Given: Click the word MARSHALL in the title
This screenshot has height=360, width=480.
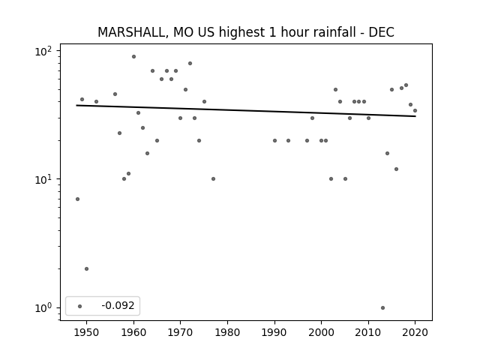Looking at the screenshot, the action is (x=133, y=32).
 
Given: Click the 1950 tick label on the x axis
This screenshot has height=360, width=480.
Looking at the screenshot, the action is (x=87, y=332).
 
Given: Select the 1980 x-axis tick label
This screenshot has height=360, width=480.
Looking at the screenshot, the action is (x=227, y=332).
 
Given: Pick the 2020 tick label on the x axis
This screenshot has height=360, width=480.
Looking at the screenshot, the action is (x=415, y=332).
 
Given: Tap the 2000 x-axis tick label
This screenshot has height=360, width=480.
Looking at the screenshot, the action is (x=321, y=332).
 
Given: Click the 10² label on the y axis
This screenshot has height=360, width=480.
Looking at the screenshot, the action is (x=43, y=51).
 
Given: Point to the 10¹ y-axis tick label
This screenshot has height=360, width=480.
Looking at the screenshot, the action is (x=43, y=179).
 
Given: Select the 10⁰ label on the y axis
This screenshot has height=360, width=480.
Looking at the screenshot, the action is (x=43, y=308).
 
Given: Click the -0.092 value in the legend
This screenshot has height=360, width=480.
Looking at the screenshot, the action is (x=118, y=305).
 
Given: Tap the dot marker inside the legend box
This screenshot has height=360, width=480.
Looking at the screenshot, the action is (x=79, y=306).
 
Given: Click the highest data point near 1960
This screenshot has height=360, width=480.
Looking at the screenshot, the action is (x=133, y=57).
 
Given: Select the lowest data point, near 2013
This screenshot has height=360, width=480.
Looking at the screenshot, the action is (x=382, y=307).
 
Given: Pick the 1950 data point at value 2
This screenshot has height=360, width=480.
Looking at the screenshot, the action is (x=87, y=268).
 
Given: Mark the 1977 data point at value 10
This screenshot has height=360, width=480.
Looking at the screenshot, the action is (x=213, y=178).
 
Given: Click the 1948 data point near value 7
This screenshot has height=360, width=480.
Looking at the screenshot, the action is (x=77, y=199).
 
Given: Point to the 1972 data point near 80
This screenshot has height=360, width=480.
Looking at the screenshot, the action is (x=190, y=63).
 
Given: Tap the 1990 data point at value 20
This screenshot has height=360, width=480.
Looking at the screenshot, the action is (x=274, y=140).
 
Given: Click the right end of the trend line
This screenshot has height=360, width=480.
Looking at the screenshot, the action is (x=415, y=116).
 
